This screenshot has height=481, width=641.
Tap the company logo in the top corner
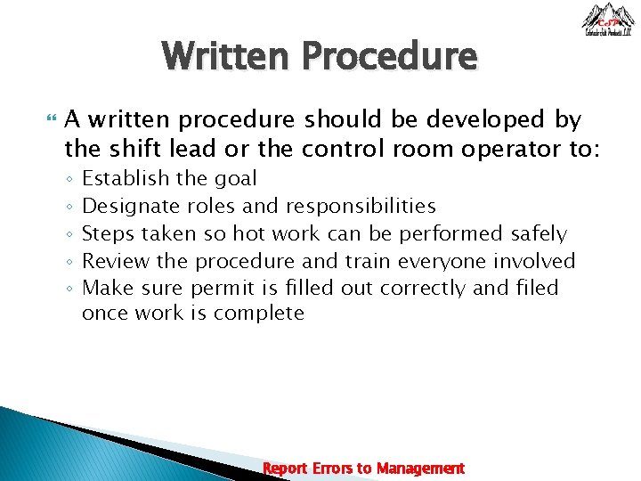click(x=608, y=20)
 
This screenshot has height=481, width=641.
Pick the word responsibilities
click(x=361, y=207)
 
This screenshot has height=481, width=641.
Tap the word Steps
click(x=108, y=233)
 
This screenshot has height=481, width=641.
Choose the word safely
click(x=539, y=233)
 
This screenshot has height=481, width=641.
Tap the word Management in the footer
click(x=420, y=468)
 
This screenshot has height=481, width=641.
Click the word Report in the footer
click(x=286, y=468)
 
